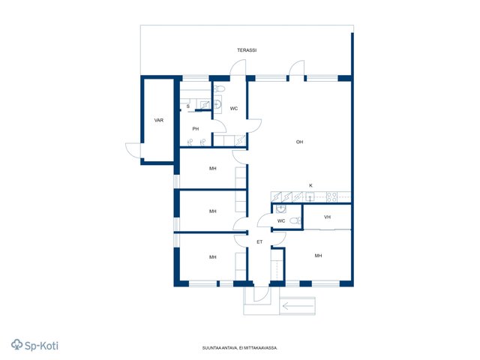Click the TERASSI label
pyautogui.click(x=247, y=50)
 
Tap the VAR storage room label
pyautogui.click(x=159, y=120)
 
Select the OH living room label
pyautogui.click(x=299, y=142)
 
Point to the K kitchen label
pyautogui.click(x=311, y=185)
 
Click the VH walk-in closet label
pyautogui.click(x=327, y=217)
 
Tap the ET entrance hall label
pyautogui.click(x=259, y=241)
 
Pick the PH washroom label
pyautogui.click(x=196, y=129)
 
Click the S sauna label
pyautogui.click(x=188, y=106)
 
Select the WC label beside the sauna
pyautogui.click(x=234, y=108)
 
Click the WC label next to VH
pyautogui.click(x=281, y=220)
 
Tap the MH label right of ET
pyautogui.click(x=318, y=256)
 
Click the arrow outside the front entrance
pyautogui.click(x=298, y=306)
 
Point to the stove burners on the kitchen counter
pyautogui.click(x=331, y=196)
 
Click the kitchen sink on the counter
pyautogui.click(x=310, y=196)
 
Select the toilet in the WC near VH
pyautogui.click(x=295, y=220)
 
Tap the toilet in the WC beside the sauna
pyautogui.click(x=219, y=89)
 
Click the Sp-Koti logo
pyautogui.click(x=34, y=345)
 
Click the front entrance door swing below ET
pyautogui.click(x=262, y=295)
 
